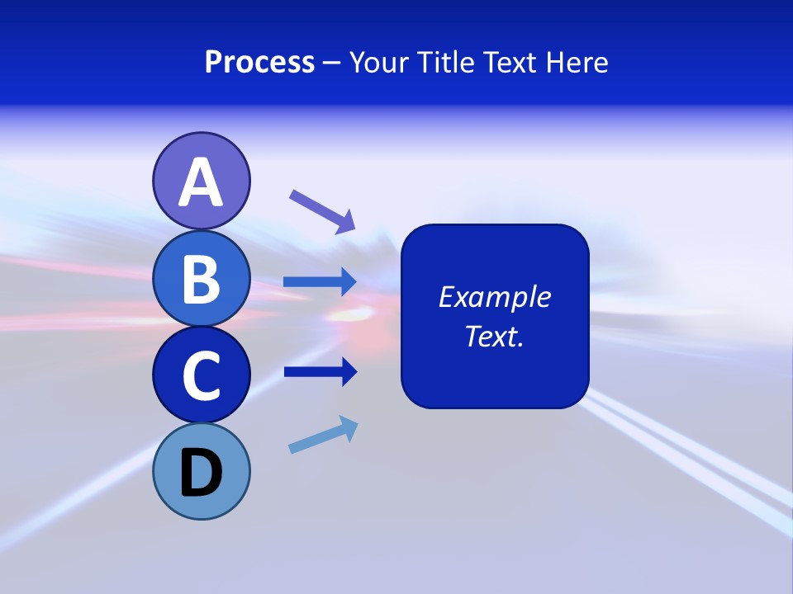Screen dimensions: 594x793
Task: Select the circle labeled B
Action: point(201,278)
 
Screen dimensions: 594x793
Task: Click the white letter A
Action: point(201,182)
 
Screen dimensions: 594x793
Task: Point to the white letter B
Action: point(201,279)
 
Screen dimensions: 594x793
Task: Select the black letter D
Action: point(201,474)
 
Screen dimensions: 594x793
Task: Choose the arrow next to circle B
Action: point(320,282)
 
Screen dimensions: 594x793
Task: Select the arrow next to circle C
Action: point(320,371)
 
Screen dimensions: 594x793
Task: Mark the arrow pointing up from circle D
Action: point(323,435)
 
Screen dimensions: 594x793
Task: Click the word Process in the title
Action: point(259,63)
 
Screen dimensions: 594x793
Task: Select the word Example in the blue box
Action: point(494,297)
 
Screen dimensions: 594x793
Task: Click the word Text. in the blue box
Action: point(494,336)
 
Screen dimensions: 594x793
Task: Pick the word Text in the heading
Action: point(510,63)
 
